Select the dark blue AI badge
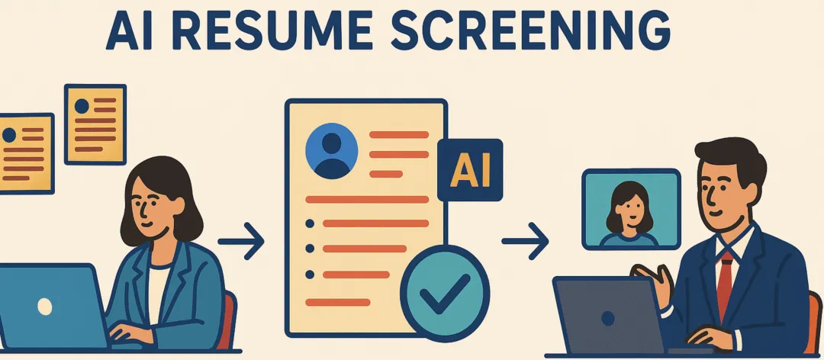point(470,170)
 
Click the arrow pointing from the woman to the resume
point(240,241)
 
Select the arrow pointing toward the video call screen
point(525,241)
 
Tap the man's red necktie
point(726,284)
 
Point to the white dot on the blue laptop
point(45,307)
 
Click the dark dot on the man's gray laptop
point(608,319)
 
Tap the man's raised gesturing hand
point(652,284)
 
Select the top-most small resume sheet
point(95,124)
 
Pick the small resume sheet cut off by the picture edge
point(26,153)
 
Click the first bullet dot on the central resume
point(310,223)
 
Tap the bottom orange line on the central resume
point(338,302)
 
